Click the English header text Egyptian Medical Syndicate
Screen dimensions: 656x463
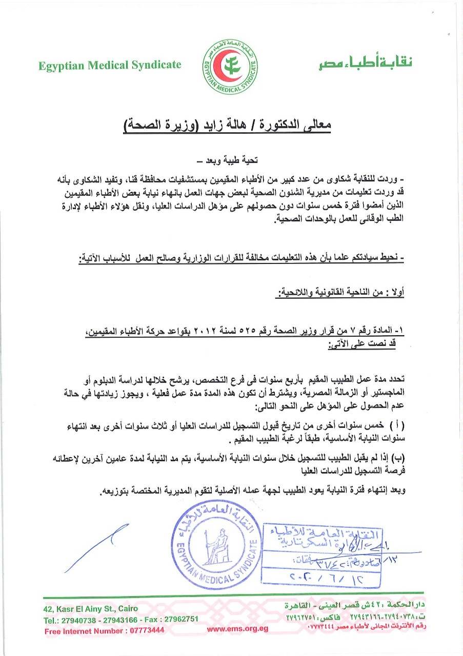109,65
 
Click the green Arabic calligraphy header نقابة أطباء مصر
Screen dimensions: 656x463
364,63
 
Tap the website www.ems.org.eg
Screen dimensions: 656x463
237,630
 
